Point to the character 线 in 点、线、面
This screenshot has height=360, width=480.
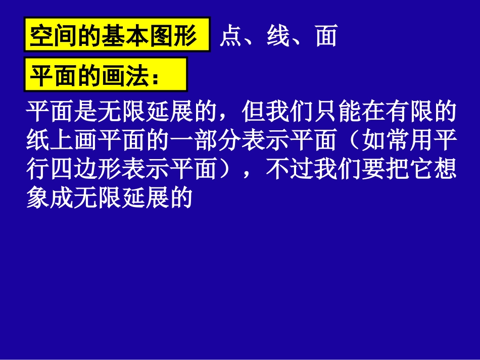(278, 37)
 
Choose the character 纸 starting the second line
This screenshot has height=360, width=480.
(37, 141)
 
